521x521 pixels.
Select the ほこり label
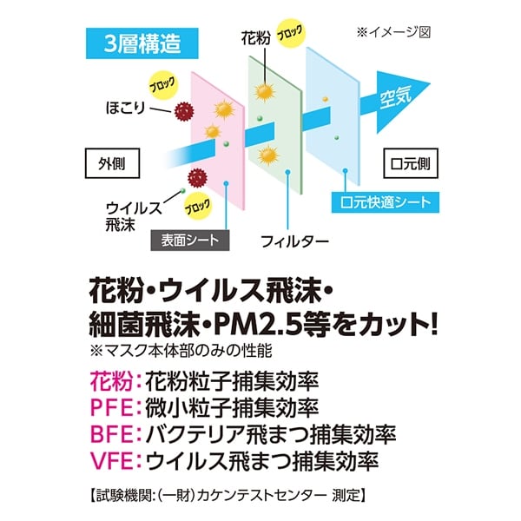130,108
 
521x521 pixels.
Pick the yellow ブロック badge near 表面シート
196,208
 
